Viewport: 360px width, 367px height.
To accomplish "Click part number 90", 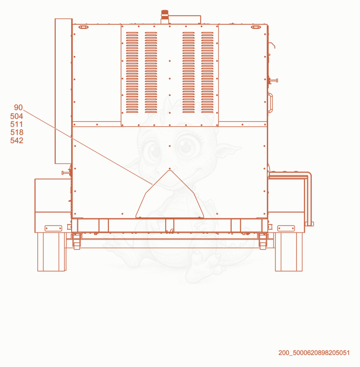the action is click(18, 108).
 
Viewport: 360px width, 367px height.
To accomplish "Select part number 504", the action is click(17, 116).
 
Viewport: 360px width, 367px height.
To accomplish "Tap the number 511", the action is click(17, 124).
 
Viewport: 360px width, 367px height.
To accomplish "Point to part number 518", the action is click(17, 132).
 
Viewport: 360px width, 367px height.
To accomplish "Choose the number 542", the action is click(17, 140).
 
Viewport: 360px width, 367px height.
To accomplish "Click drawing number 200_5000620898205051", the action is click(314, 353).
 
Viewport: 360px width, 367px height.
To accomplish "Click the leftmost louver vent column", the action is click(132, 72).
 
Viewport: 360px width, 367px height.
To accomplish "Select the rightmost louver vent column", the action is click(207, 72).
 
